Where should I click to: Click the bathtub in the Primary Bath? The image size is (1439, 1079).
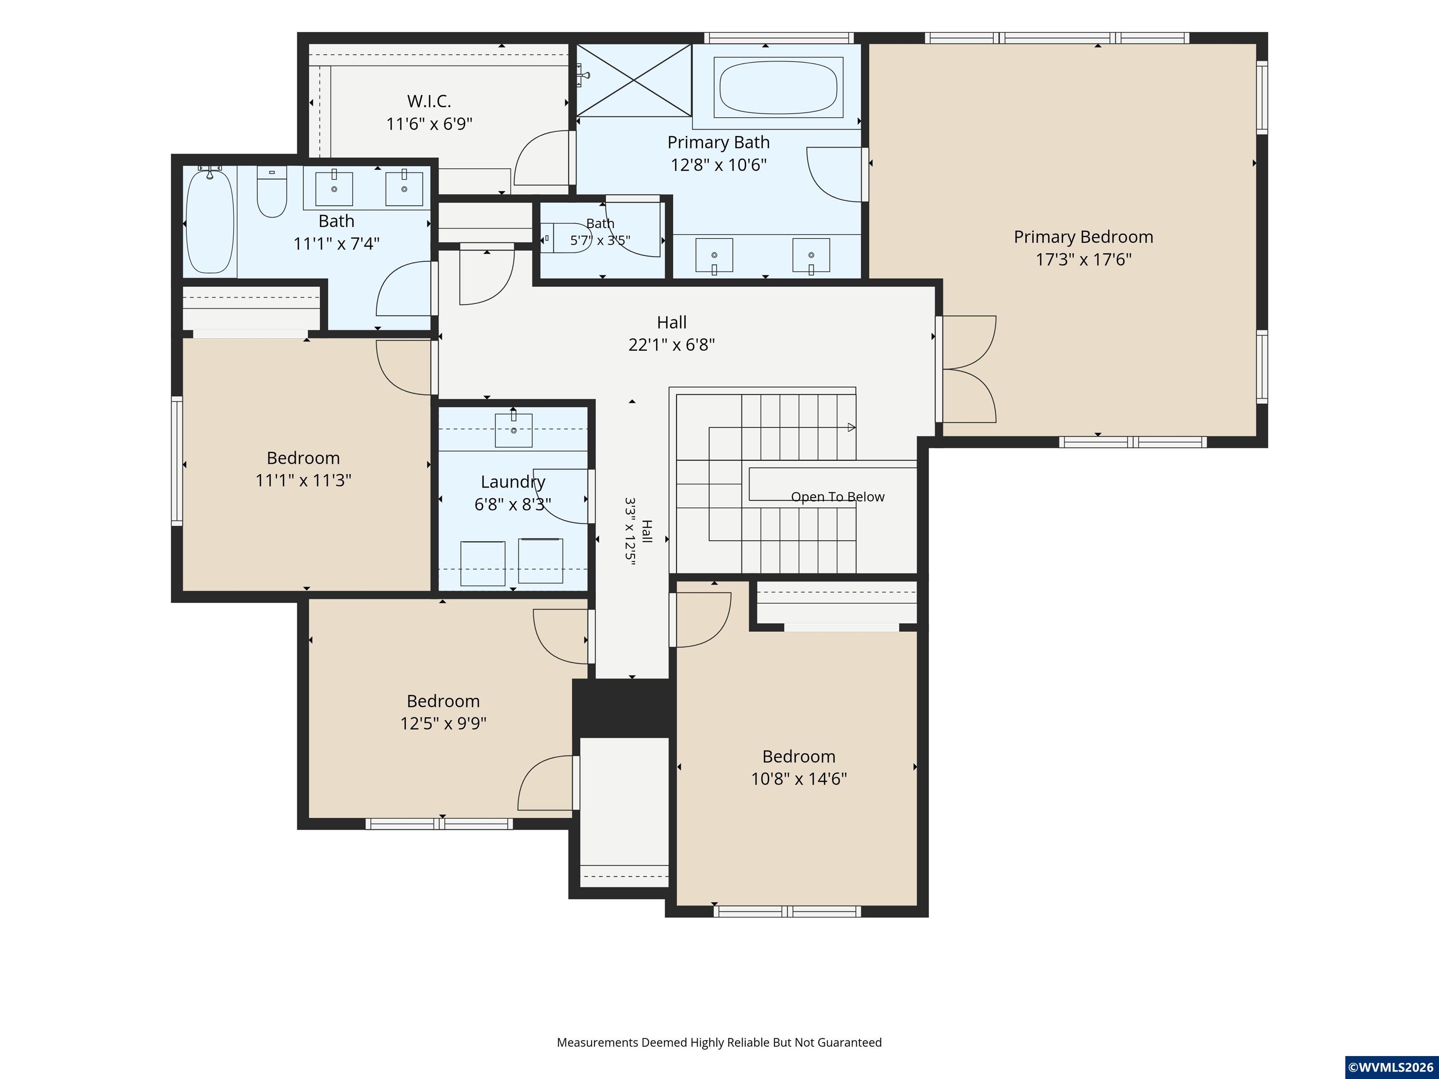778,87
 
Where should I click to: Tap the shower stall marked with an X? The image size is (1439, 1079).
634,80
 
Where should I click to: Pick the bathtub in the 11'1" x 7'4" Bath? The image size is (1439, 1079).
209,221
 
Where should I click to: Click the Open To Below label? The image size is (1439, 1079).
837,497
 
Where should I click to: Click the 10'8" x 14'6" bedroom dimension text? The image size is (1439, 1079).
799,778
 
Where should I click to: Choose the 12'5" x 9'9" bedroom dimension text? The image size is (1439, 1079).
443,723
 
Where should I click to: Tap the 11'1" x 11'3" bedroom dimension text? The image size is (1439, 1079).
303,480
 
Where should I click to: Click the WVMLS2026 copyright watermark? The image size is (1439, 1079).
1391,1067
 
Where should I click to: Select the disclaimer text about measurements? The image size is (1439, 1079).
719,1042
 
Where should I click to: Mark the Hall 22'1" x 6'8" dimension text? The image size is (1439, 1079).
671,345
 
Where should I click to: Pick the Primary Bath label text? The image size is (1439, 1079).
718,142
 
